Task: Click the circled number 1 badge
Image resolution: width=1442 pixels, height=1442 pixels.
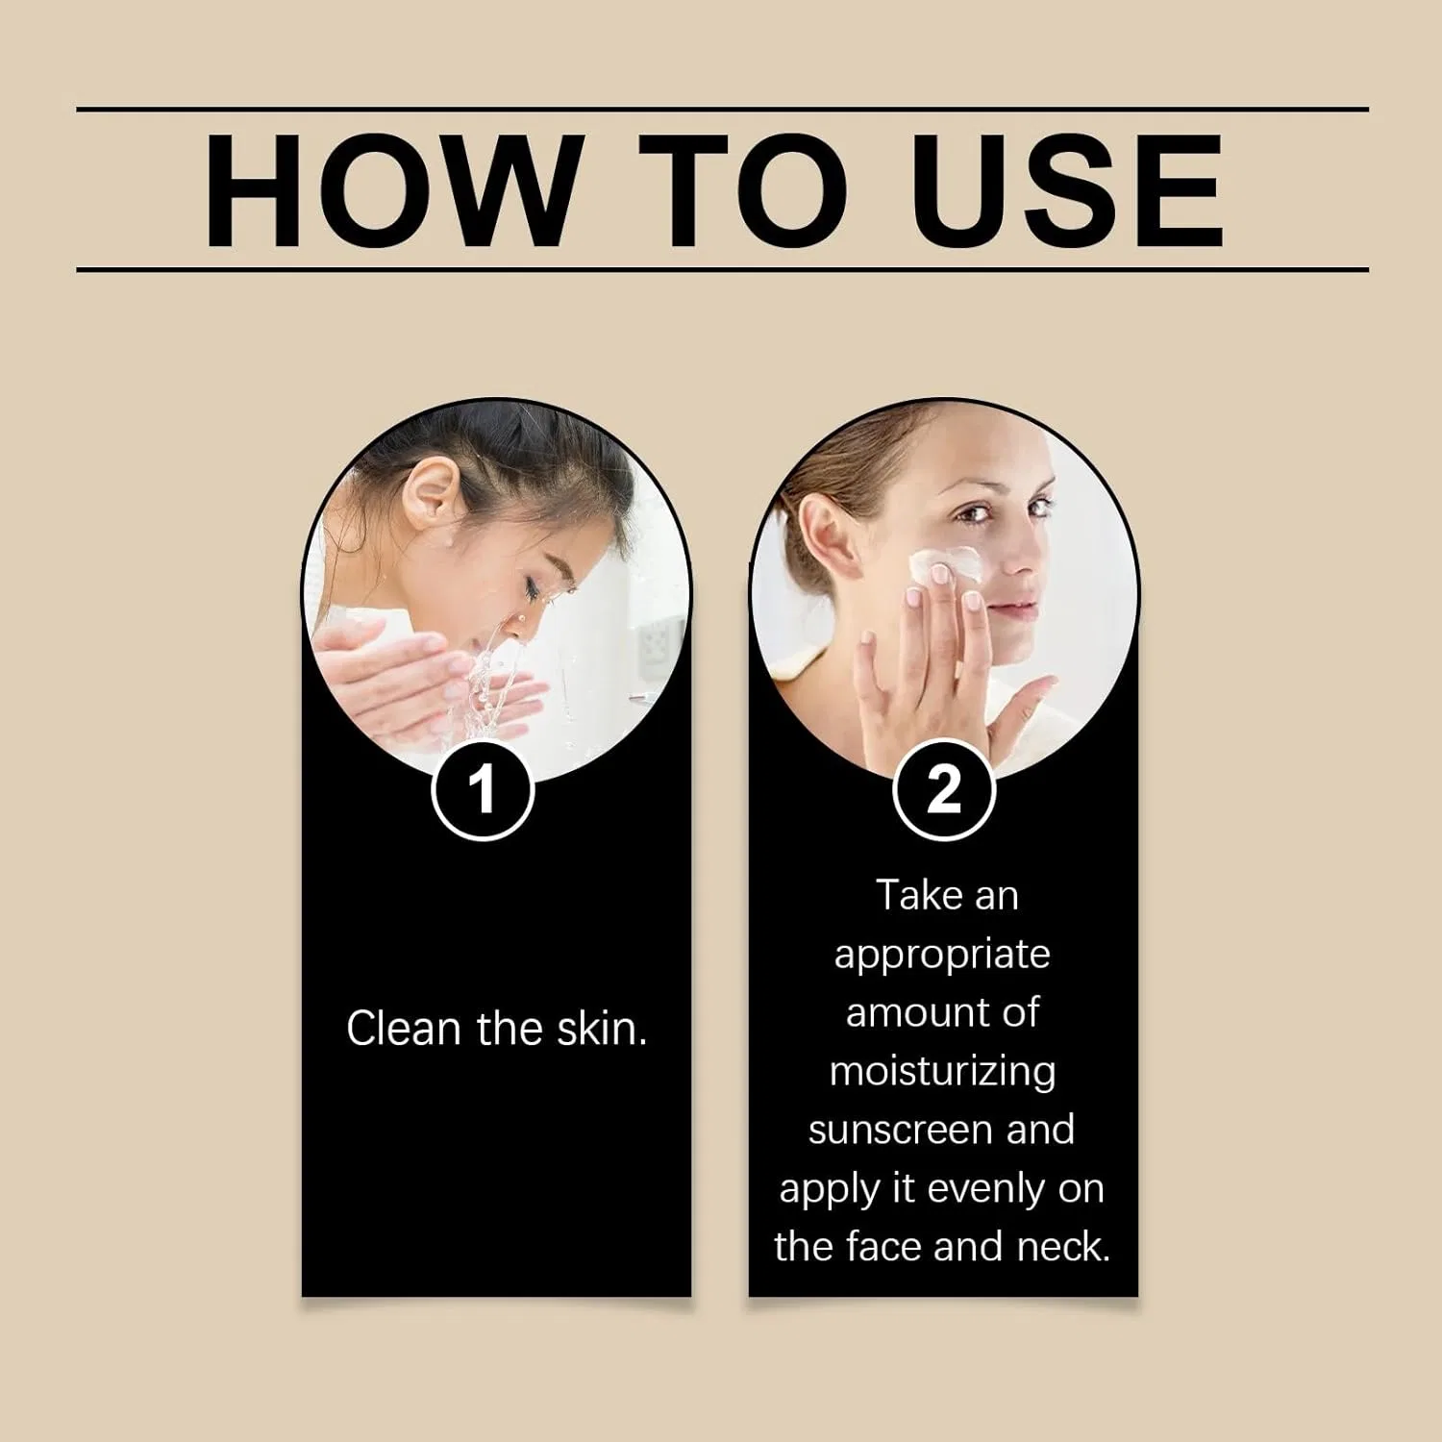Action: point(482,789)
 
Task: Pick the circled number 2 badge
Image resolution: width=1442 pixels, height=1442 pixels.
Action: point(944,789)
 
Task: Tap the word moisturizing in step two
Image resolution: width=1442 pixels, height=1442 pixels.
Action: point(943,1072)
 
